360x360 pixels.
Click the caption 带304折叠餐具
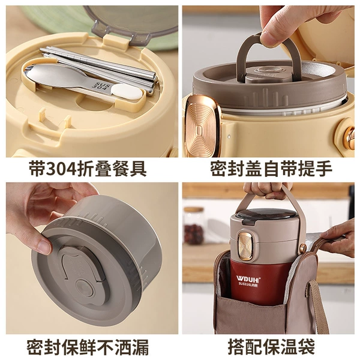(x=88, y=169)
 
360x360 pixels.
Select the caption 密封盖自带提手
(x=271, y=169)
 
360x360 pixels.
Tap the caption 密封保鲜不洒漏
(x=88, y=346)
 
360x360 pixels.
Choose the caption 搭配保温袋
(x=271, y=346)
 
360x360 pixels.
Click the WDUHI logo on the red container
(x=248, y=279)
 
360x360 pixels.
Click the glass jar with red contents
(x=194, y=226)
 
